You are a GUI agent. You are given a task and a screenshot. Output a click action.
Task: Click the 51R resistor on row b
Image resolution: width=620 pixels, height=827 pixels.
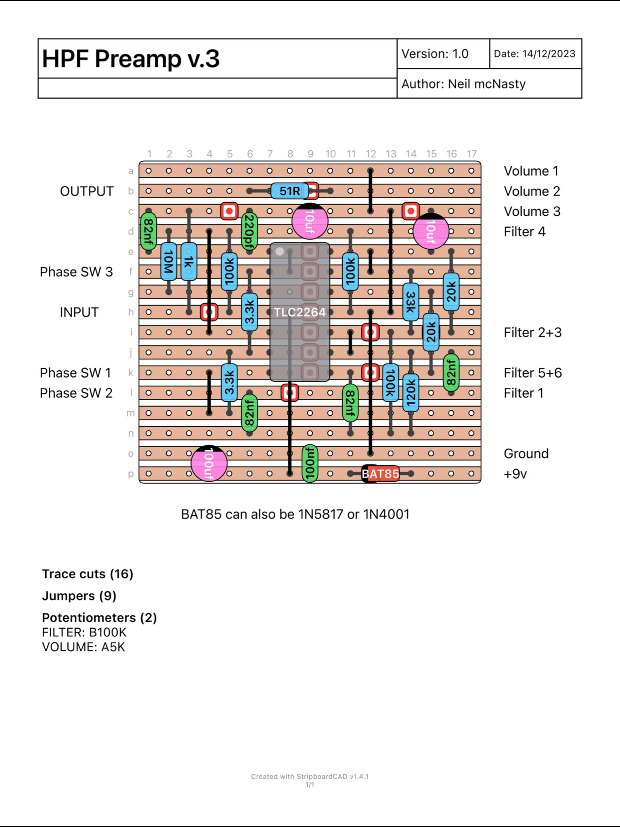click(x=289, y=191)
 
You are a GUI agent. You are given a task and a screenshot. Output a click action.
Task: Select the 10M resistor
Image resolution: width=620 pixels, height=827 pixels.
click(x=169, y=262)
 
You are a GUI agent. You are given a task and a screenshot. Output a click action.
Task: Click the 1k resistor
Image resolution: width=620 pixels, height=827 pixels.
click(x=189, y=262)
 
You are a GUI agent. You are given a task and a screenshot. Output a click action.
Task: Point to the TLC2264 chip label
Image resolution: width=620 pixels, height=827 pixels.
click(x=300, y=312)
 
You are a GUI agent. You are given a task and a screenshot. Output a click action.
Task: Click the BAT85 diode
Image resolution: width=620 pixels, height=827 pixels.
click(x=380, y=474)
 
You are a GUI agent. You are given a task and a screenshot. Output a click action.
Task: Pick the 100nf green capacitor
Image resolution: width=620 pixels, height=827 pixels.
click(x=310, y=464)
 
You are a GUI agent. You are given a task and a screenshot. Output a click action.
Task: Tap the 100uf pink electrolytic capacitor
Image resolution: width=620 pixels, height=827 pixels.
click(x=209, y=464)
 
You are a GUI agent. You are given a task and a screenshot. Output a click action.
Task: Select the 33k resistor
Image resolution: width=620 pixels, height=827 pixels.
click(x=411, y=302)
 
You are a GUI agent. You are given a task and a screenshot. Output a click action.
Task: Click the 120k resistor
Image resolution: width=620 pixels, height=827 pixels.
click(x=411, y=393)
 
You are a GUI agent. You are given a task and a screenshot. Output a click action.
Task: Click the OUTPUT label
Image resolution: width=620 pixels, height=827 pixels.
click(x=87, y=191)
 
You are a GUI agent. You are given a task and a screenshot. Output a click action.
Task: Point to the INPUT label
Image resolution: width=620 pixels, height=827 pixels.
click(x=79, y=313)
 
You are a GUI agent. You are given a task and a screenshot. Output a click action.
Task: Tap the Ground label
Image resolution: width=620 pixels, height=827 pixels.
click(x=526, y=454)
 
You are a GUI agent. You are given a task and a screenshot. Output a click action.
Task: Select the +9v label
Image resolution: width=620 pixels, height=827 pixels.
click(x=515, y=474)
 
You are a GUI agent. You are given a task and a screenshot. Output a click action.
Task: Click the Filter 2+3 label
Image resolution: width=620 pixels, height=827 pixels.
click(x=532, y=333)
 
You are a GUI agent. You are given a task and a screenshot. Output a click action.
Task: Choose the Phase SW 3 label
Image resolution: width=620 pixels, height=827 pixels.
click(x=76, y=272)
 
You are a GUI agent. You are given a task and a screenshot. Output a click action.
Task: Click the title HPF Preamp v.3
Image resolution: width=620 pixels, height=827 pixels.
click(x=131, y=59)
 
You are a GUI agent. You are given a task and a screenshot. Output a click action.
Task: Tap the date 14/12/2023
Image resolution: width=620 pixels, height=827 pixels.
click(x=549, y=54)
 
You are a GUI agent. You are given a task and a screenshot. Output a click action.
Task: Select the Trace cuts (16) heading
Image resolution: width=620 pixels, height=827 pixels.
click(x=88, y=574)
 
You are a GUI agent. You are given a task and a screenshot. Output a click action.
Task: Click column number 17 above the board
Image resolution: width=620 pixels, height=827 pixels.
click(x=471, y=154)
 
